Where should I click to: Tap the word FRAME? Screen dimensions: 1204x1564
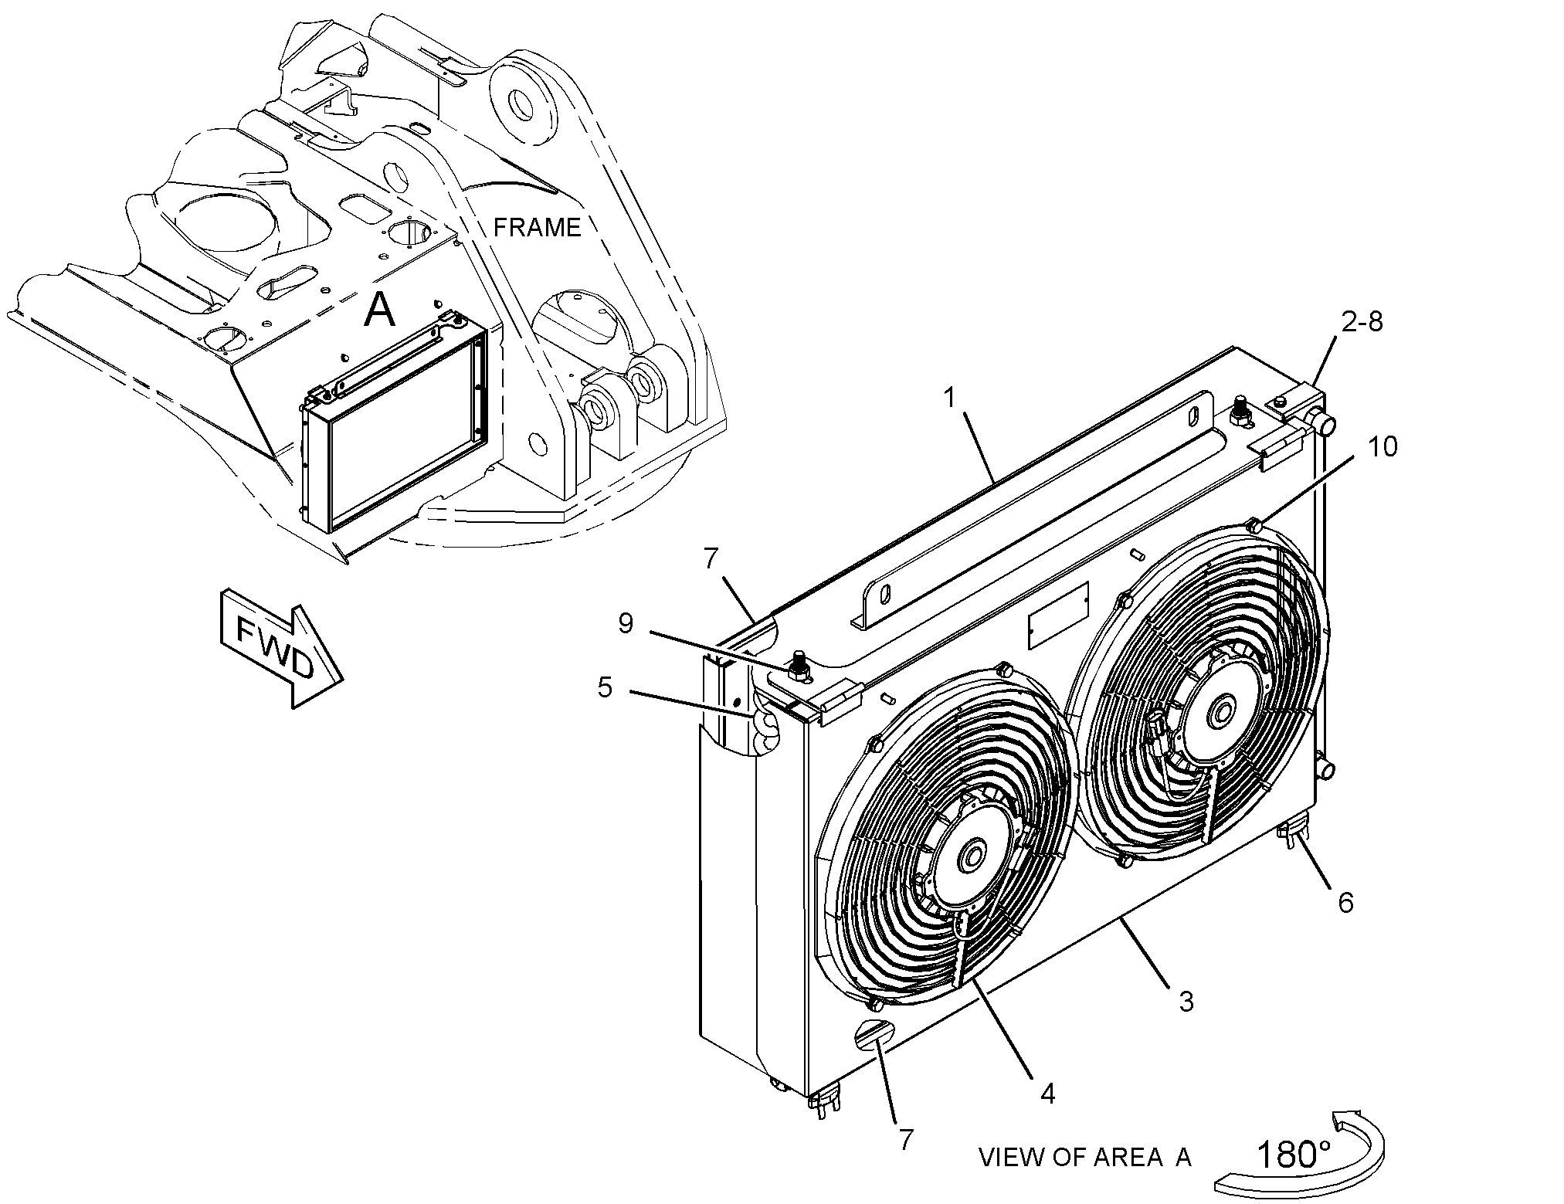point(537,227)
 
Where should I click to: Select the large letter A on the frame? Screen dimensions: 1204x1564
point(379,310)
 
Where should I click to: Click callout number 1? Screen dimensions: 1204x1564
point(950,399)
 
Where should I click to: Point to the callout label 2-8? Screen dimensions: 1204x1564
point(1362,322)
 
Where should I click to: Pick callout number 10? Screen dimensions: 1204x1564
point(1383,446)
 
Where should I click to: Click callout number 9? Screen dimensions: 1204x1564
point(626,623)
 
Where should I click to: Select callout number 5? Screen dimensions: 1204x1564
point(605,687)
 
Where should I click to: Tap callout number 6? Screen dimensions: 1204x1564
point(1345,901)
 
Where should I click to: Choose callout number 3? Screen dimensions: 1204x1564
point(1186,1001)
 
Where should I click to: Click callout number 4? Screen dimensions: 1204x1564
point(1047,1093)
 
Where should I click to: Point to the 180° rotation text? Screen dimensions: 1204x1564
point(1294,1155)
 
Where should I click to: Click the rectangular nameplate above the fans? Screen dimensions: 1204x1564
point(1059,616)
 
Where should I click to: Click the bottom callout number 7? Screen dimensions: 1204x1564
point(906,1138)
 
